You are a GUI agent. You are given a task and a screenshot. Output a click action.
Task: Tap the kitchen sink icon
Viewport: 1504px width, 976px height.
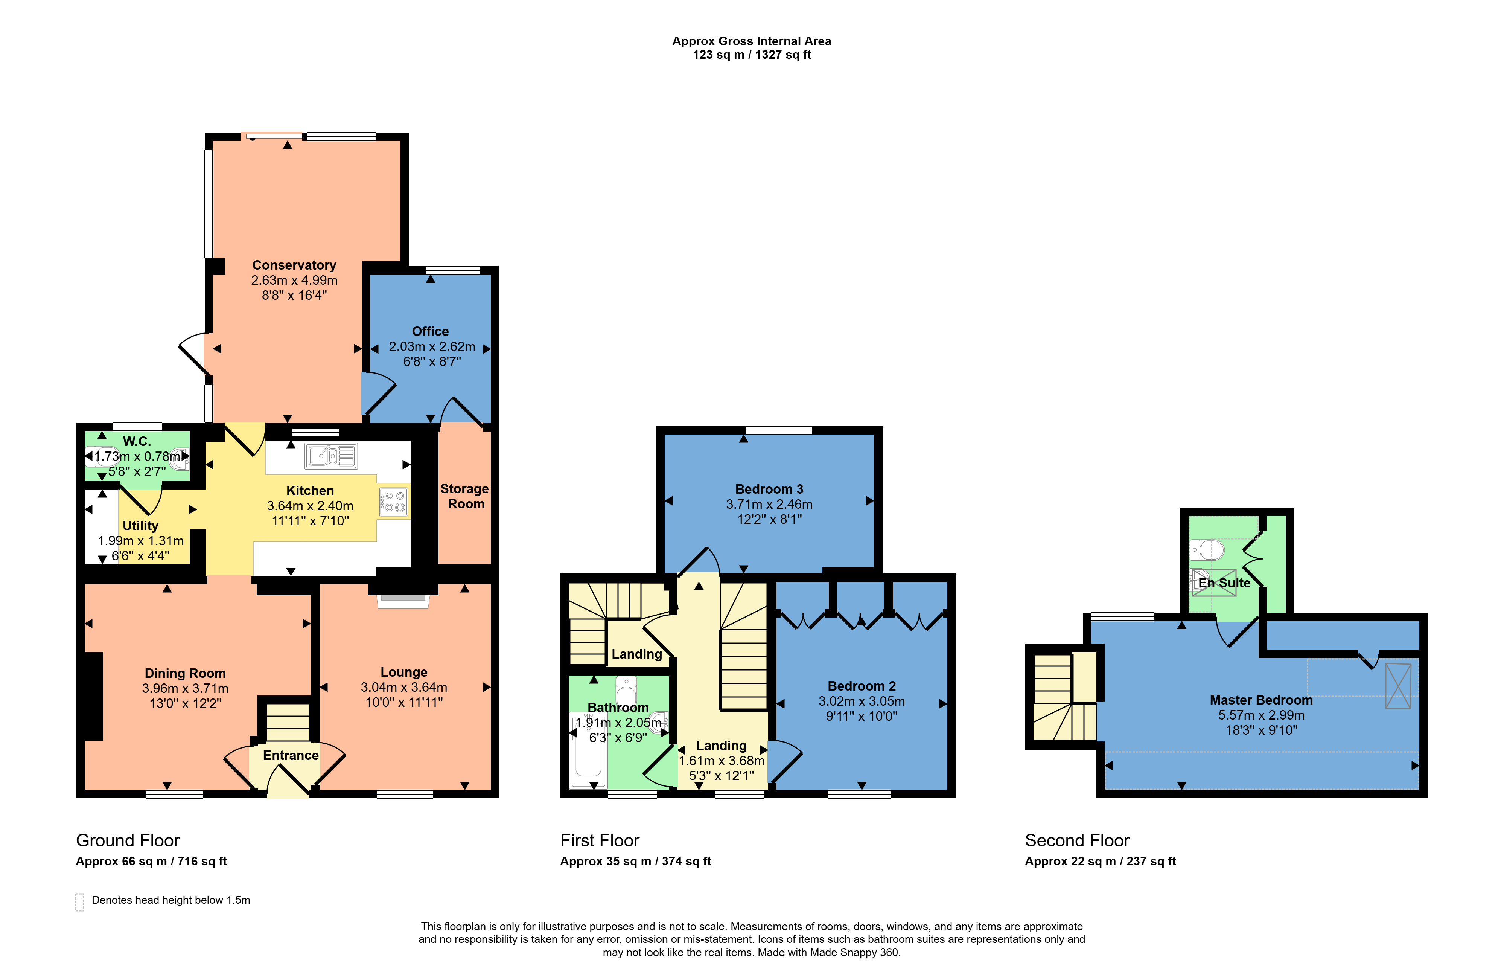331,456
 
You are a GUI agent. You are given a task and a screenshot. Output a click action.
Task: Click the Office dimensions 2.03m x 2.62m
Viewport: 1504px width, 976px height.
432,346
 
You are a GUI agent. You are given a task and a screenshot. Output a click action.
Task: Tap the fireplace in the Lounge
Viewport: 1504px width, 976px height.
403,601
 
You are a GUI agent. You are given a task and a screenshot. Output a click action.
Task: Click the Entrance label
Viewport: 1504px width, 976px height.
291,755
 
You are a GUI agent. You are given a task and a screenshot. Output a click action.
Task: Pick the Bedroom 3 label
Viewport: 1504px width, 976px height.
769,489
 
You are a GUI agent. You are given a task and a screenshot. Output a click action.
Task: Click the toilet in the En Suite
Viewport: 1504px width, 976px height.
1207,550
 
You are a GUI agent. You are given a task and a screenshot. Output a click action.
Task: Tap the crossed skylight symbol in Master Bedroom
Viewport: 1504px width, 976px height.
1398,686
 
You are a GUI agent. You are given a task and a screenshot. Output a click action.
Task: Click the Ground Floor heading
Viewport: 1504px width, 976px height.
128,841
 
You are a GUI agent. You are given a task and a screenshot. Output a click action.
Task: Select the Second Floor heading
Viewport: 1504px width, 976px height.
1077,841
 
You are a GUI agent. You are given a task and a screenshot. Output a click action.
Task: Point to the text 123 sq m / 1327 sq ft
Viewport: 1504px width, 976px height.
751,55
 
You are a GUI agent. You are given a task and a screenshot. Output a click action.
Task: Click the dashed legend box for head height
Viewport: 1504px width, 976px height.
80,902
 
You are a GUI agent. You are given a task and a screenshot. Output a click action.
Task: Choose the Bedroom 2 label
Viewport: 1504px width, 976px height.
861,686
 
